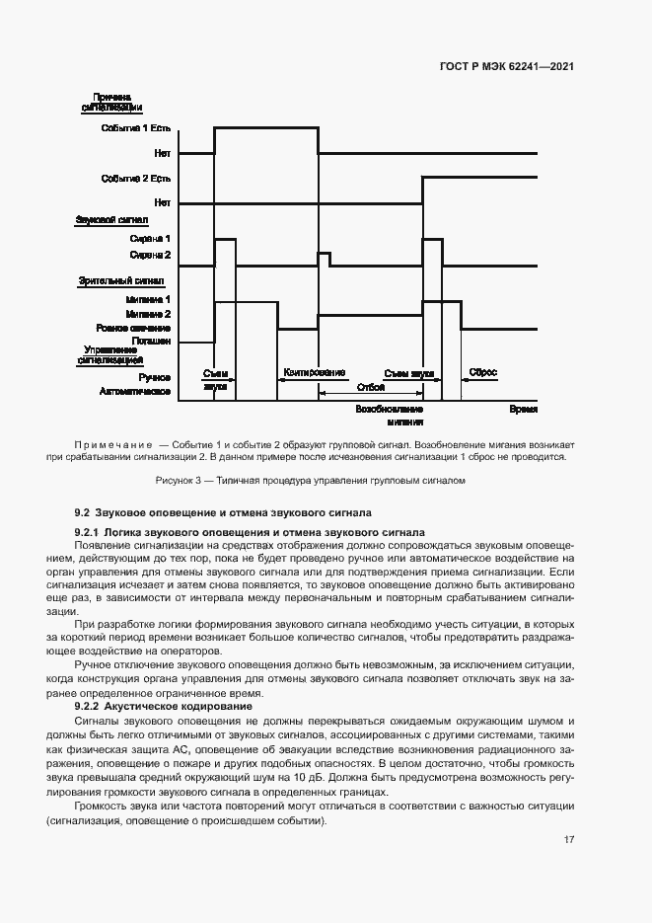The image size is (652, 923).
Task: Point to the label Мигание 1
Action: point(150,299)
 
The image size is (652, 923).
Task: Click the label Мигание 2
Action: point(150,314)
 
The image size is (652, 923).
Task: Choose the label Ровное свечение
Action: point(134,328)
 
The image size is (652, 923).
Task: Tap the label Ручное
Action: point(156,377)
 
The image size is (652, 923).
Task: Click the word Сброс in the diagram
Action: point(483,373)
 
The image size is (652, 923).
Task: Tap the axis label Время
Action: point(523,408)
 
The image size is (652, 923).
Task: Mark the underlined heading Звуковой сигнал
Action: point(111,219)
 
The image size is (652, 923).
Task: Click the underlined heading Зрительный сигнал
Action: point(113,280)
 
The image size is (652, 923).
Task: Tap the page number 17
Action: point(569,840)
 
